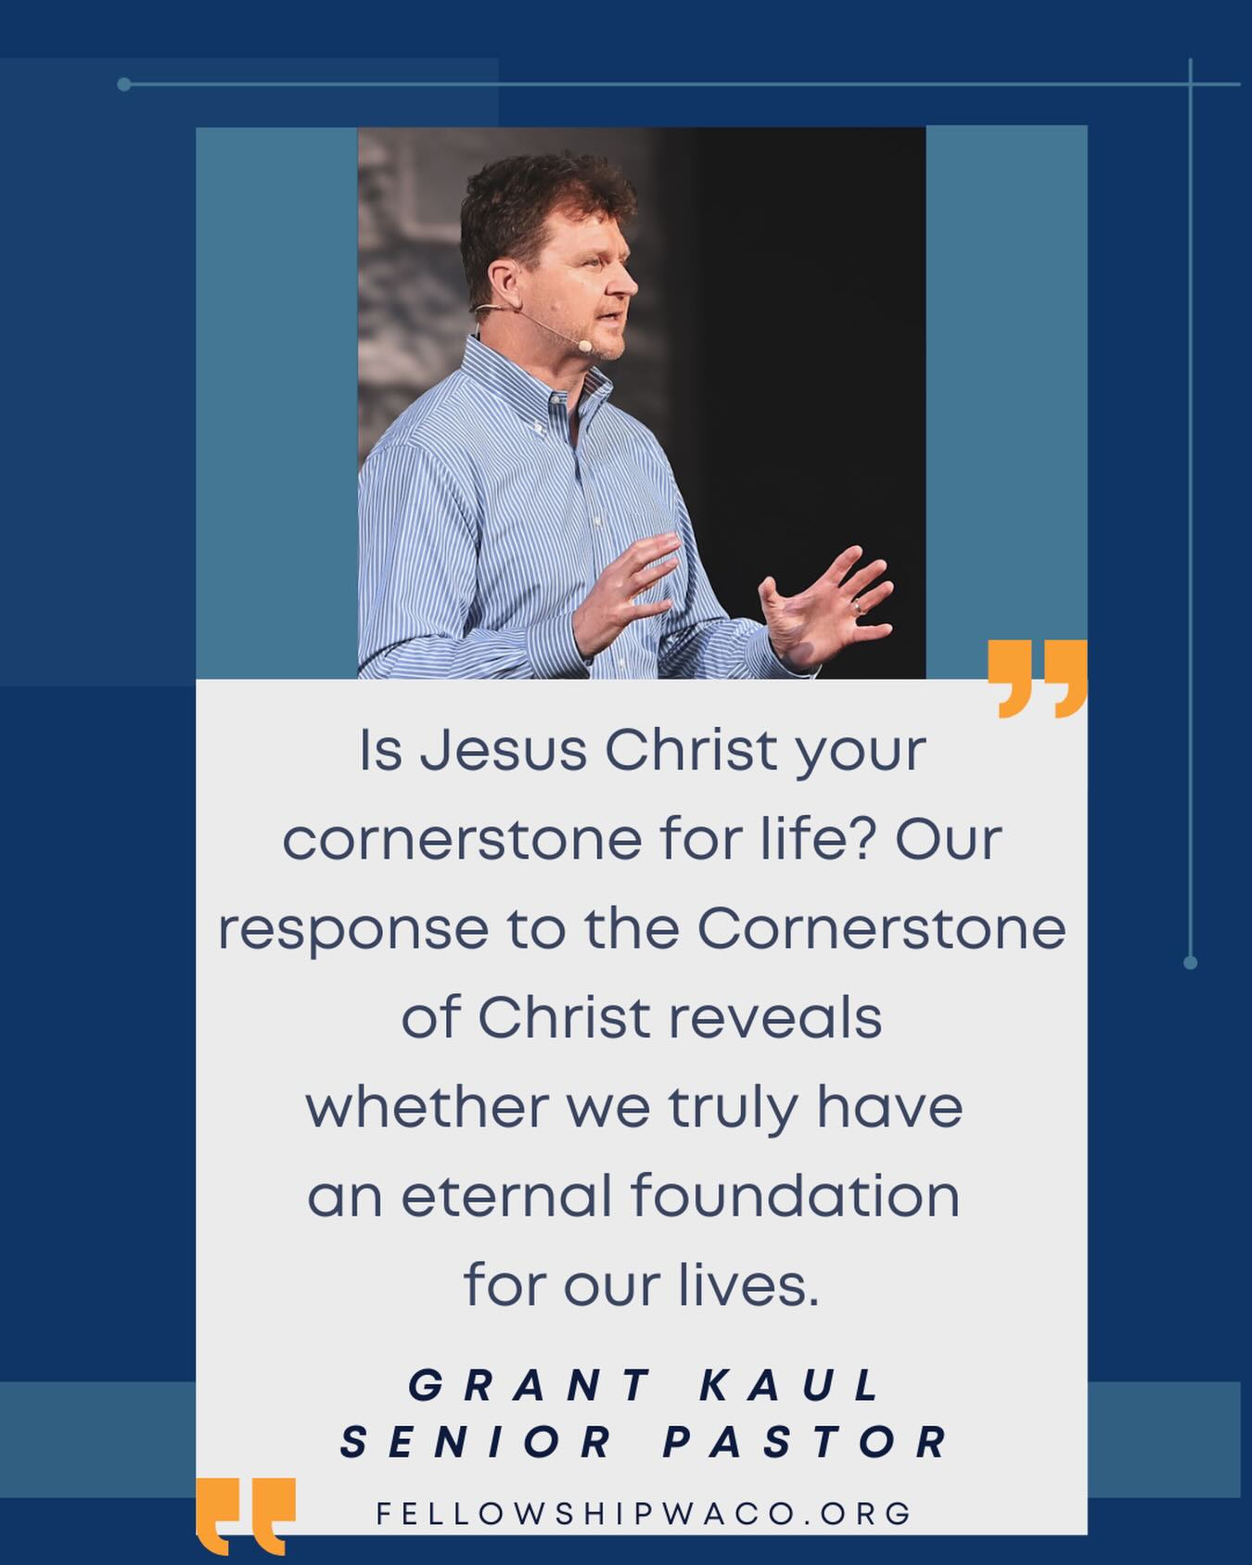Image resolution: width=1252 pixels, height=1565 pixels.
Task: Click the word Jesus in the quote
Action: tap(504, 750)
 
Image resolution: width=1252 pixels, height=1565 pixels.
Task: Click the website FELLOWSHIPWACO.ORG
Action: tap(644, 1514)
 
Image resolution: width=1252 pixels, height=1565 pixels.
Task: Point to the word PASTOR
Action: tap(805, 1442)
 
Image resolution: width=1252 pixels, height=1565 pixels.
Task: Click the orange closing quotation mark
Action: tap(1037, 678)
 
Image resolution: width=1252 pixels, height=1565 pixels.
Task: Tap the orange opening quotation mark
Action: tap(246, 1516)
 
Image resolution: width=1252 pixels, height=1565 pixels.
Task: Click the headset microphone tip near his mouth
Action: tap(583, 346)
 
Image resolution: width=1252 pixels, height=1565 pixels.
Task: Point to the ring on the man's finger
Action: tap(858, 607)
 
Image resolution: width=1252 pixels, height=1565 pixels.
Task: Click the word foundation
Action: tap(795, 1195)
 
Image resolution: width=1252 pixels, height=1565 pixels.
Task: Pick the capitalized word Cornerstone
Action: tap(882, 928)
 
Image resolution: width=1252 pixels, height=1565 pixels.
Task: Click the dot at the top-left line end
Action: tap(124, 84)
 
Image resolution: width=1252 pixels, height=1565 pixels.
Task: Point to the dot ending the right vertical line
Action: tap(1191, 962)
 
